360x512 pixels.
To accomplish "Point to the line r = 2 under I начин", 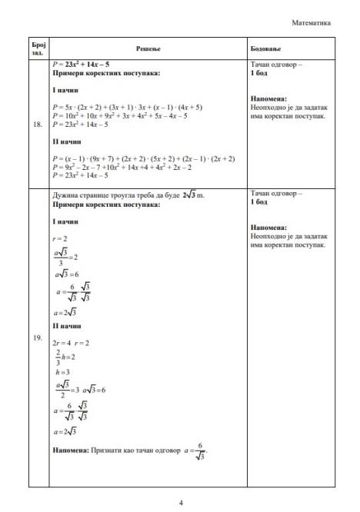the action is (x=61, y=239).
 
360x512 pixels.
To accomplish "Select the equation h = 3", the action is (x=61, y=372).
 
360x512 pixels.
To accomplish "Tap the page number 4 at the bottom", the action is (x=180, y=504).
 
